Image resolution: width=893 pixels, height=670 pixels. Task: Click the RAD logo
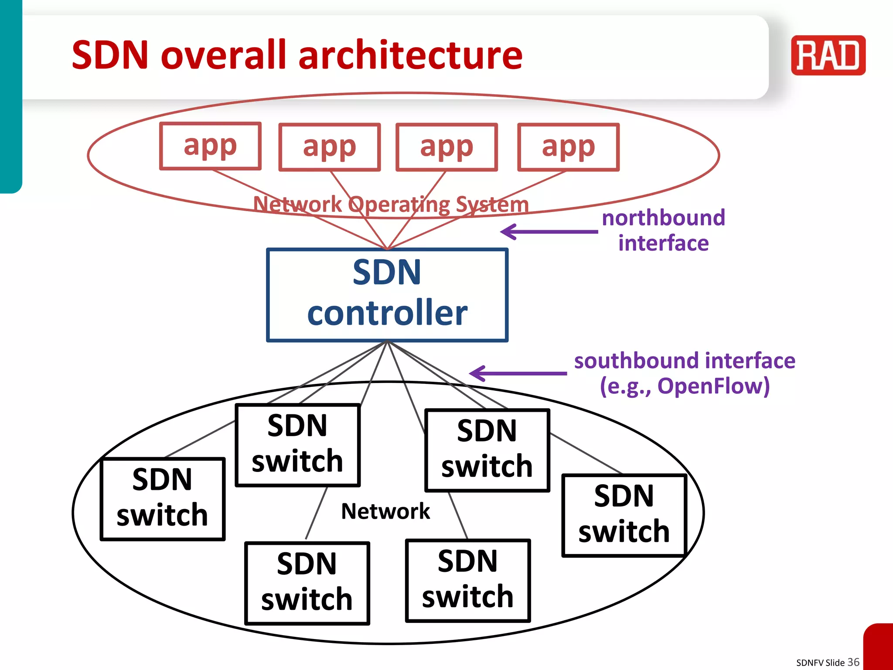click(828, 55)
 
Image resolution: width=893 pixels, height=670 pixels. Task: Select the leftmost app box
click(210, 146)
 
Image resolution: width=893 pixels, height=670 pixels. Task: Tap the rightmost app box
click(568, 147)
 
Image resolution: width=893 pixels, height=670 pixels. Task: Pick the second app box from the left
click(330, 147)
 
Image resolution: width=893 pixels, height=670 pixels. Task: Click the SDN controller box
click(387, 295)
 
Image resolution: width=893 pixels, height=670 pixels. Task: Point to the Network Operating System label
click(391, 204)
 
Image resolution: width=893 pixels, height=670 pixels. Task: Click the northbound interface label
click(663, 230)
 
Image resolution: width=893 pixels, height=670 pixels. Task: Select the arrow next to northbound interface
click(549, 232)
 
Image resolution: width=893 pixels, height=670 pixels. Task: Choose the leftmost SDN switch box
click(163, 499)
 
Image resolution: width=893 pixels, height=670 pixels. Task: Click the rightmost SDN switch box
click(624, 516)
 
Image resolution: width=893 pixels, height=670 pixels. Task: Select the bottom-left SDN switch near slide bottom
click(307, 583)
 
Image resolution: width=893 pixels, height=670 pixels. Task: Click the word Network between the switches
click(385, 511)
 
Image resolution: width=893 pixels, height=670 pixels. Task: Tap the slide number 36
click(853, 662)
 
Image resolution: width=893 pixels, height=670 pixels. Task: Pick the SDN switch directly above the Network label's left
click(298, 445)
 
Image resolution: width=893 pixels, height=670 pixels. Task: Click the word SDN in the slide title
click(111, 55)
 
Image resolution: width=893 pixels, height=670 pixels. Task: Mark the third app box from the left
click(446, 147)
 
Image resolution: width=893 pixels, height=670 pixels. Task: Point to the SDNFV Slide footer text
click(820, 663)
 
